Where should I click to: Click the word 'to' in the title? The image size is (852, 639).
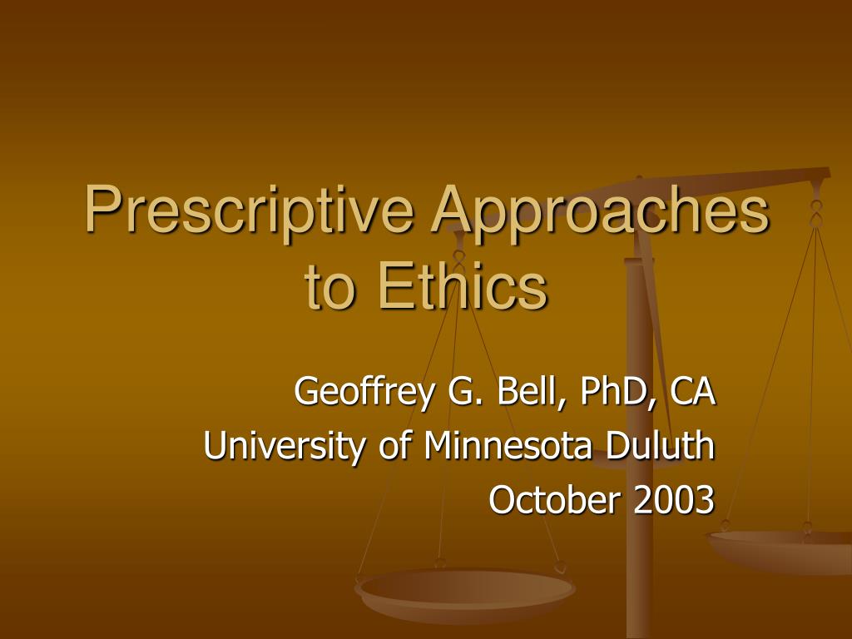pos(331,287)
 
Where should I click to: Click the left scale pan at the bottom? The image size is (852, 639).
pos(464,592)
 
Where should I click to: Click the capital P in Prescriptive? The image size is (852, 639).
pos(101,211)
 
